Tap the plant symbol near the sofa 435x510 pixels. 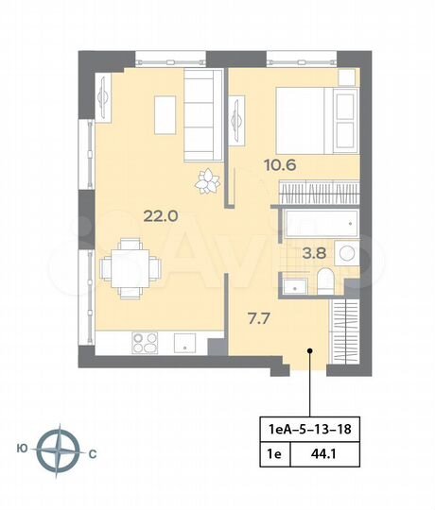pyautogui.click(x=206, y=178)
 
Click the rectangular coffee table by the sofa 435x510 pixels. pyautogui.click(x=165, y=116)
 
